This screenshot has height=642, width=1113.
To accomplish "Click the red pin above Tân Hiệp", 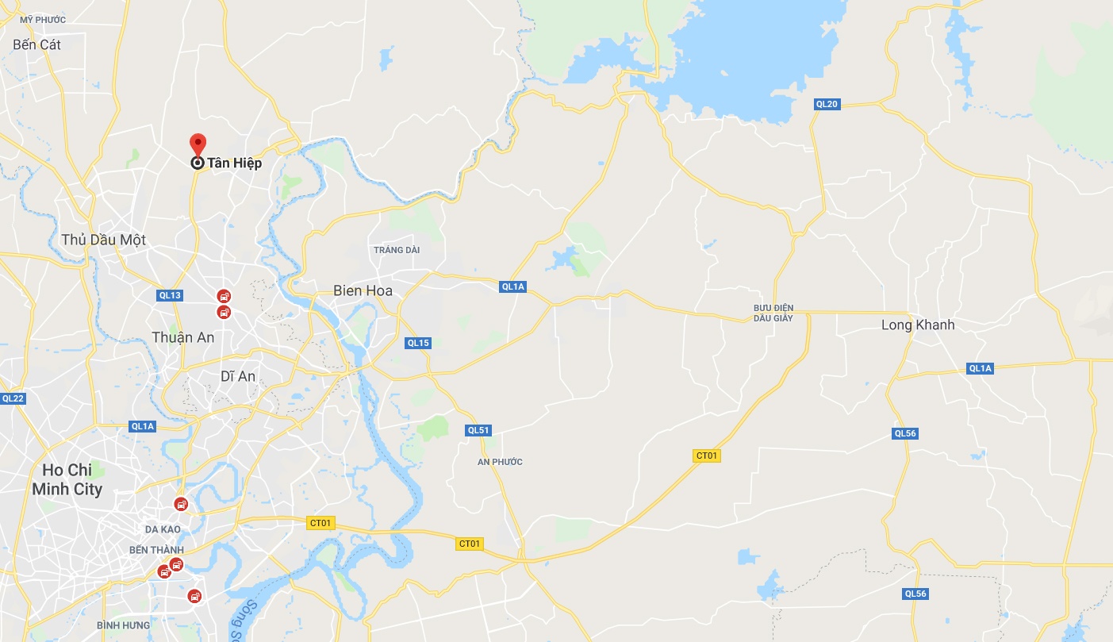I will pos(198,144).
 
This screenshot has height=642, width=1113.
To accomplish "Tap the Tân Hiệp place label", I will pos(234,163).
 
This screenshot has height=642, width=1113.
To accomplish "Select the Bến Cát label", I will pos(36,44).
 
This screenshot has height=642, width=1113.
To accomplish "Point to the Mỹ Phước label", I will pos(43,19).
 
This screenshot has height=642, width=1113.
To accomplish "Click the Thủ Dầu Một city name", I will pos(103,240).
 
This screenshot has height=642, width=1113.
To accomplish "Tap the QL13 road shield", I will pos(170,295).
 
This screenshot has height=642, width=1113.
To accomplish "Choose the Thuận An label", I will pos(182,337).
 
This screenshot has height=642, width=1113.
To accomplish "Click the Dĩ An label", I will pos(239,376).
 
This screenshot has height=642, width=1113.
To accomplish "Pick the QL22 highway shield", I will pos(13,398).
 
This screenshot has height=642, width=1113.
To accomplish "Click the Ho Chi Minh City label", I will pos(67,479).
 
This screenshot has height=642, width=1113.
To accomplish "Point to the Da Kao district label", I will pos(163,529).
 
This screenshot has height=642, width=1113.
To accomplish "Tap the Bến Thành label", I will pos(156,550).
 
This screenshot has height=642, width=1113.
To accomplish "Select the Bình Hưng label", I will pos(123,625).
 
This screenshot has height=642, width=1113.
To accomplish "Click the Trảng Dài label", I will pos(397,250).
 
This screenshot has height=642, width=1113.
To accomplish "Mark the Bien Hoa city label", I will pos(363,291).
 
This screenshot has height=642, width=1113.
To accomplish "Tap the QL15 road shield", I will pos(417,343).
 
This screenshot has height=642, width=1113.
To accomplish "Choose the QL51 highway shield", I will pos(478,430).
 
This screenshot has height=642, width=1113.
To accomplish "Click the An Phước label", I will pos(500,462).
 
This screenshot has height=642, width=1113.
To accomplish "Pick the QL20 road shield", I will pos(827,104).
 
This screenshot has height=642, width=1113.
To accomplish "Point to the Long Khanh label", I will pos(918,325).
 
